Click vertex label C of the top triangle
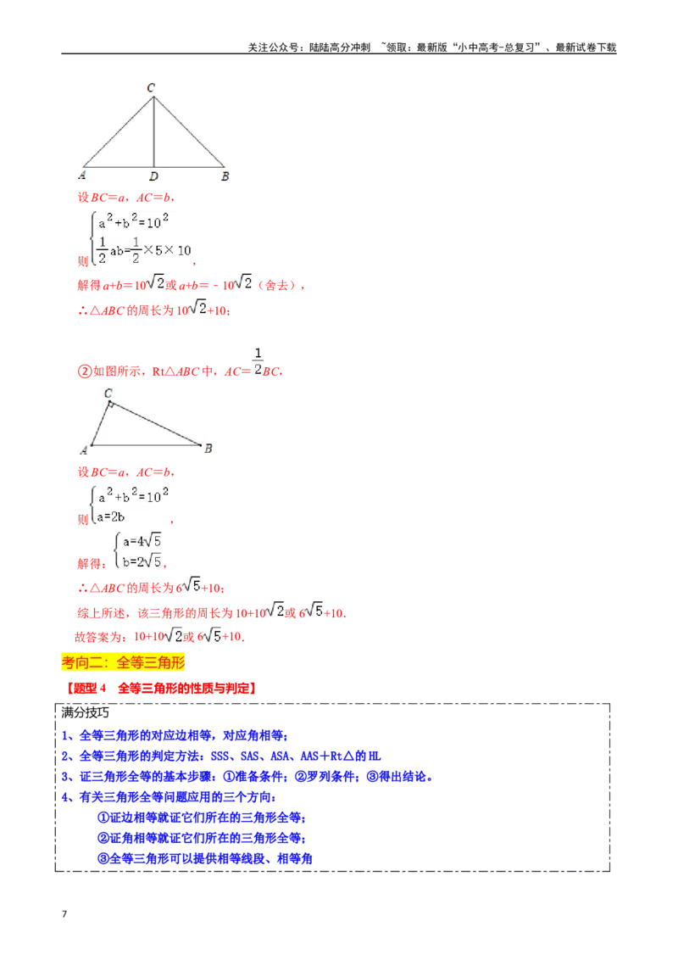click(151, 87)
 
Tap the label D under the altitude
click(153, 176)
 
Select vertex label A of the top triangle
click(81, 176)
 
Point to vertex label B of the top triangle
click(225, 176)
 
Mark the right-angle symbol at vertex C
click(111, 405)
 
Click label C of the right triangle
click(108, 393)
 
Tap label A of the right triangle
click(84, 449)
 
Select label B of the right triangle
click(208, 449)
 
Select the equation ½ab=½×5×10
click(144, 249)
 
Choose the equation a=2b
click(111, 516)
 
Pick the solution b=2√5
click(142, 560)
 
